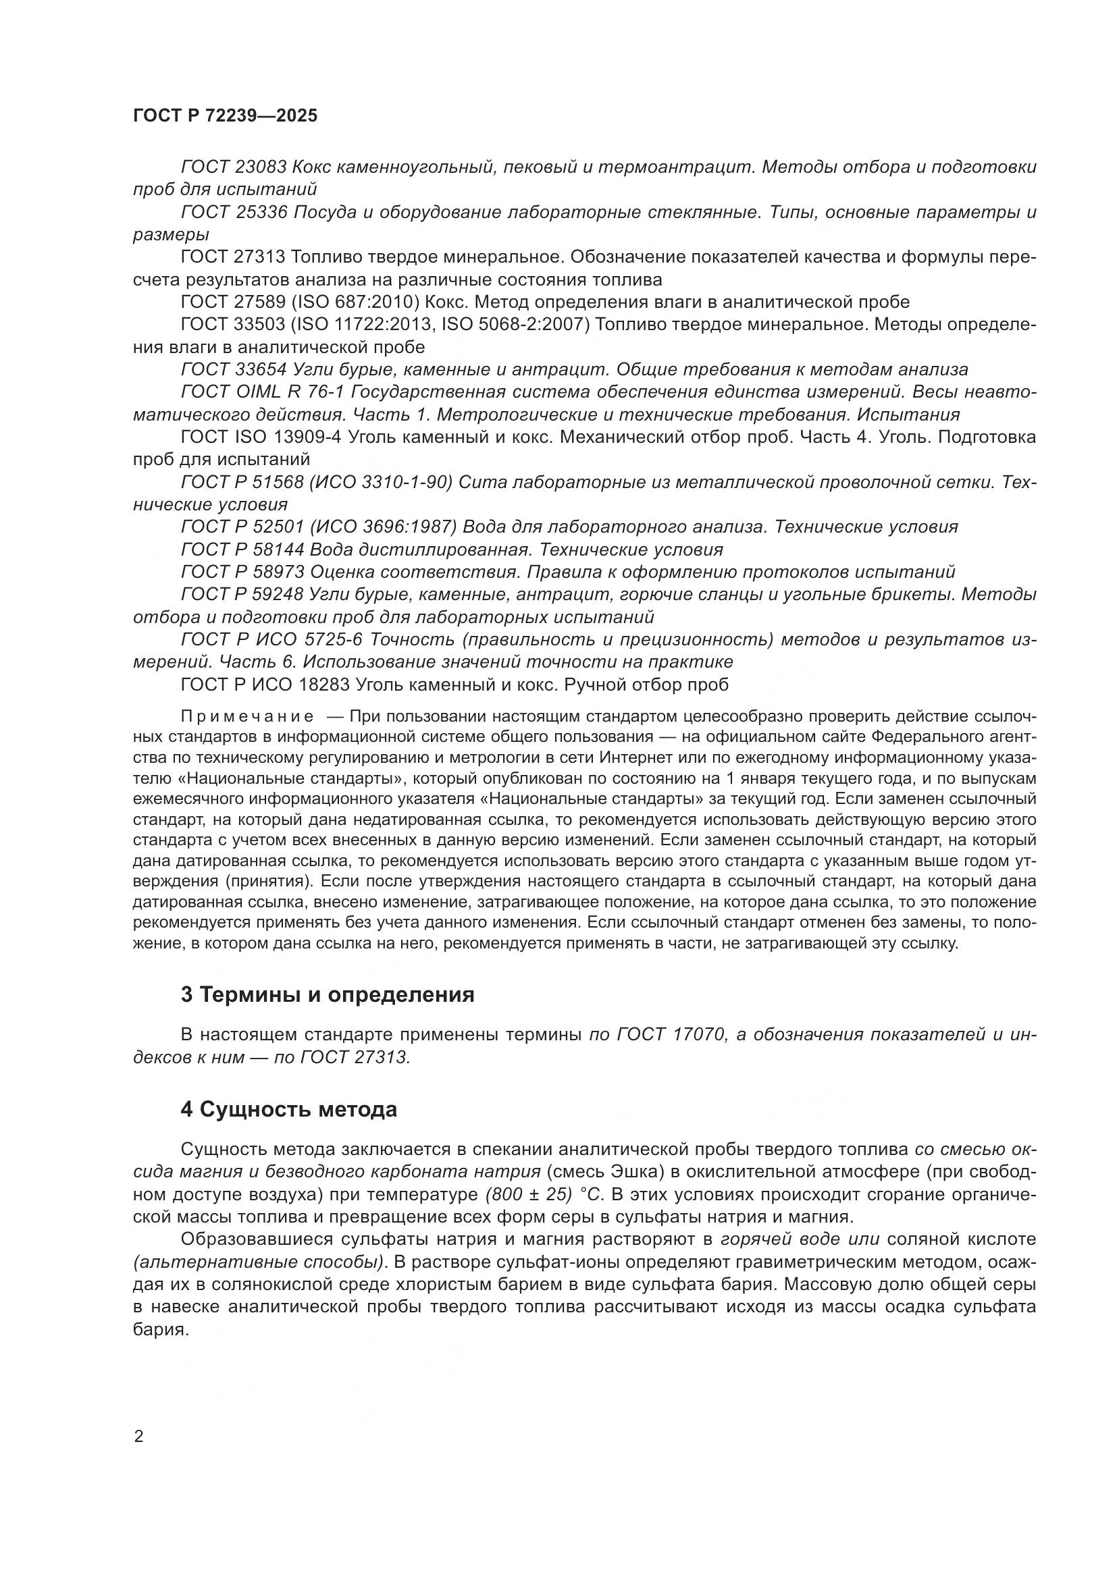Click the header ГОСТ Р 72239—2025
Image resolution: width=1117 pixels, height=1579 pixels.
pyautogui.click(x=226, y=115)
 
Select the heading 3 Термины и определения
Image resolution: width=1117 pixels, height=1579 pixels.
pyautogui.click(x=328, y=995)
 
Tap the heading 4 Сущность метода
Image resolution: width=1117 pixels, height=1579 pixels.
pyautogui.click(x=289, y=1110)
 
